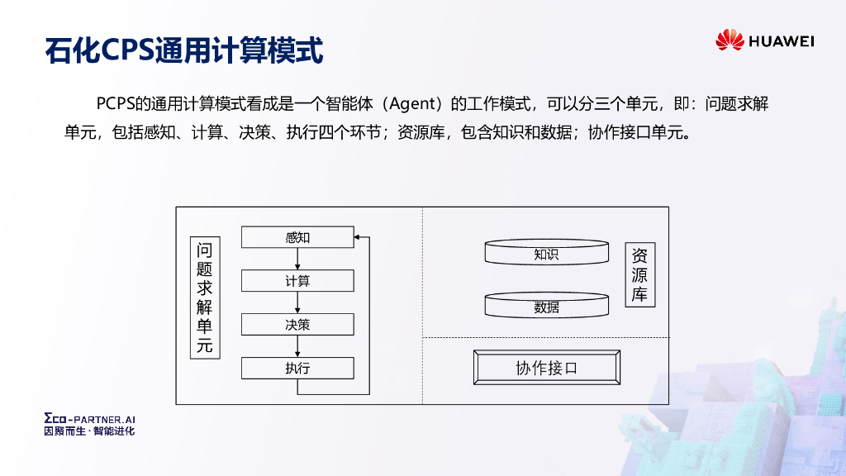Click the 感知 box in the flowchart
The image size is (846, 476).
[297, 237]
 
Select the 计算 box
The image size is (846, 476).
[297, 281]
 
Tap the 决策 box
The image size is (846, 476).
[297, 325]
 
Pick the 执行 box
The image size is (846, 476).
[297, 368]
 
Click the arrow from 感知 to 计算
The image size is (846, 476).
[297, 259]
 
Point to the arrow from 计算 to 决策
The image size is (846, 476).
[297, 302]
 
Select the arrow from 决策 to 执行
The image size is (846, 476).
[297, 346]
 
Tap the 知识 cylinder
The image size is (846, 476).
[546, 253]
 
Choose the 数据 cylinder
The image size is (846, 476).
[546, 305]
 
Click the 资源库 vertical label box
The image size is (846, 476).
[639, 275]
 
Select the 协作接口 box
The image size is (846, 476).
[546, 368]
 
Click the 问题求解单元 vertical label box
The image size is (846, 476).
[205, 297]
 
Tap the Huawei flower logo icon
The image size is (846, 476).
[730, 40]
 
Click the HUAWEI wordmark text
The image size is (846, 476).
[782, 40]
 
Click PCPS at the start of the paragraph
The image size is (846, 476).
[115, 104]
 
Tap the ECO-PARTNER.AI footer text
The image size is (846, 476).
[88, 420]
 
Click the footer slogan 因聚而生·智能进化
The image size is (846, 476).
[88, 431]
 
